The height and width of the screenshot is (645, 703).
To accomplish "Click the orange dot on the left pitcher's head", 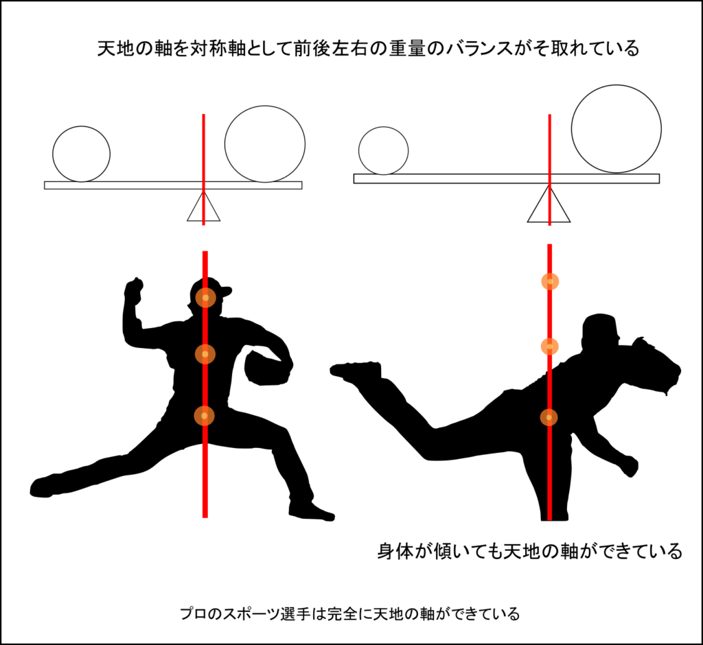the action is (x=205, y=298).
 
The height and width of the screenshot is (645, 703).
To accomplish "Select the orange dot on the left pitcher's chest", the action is (x=205, y=354).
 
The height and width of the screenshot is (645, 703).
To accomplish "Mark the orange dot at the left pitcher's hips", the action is (x=204, y=416).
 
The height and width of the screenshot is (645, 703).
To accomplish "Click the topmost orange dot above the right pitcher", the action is (x=550, y=281).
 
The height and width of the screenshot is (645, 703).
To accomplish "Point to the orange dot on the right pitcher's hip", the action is (x=549, y=417).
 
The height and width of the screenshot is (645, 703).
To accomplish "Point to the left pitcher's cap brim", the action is (x=224, y=292).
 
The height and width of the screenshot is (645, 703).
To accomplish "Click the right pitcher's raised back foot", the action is (x=355, y=371).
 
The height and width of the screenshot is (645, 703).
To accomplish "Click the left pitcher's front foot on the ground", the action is (x=312, y=512).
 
